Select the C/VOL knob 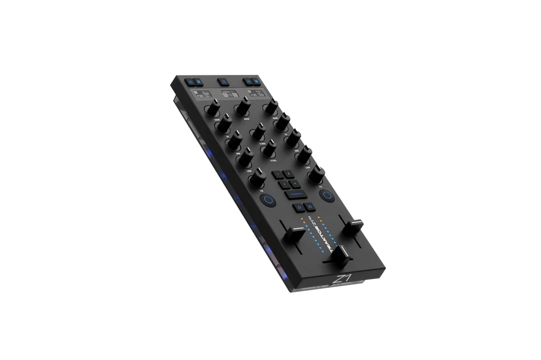(x=269, y=148)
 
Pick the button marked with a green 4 (x=295, y=184)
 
